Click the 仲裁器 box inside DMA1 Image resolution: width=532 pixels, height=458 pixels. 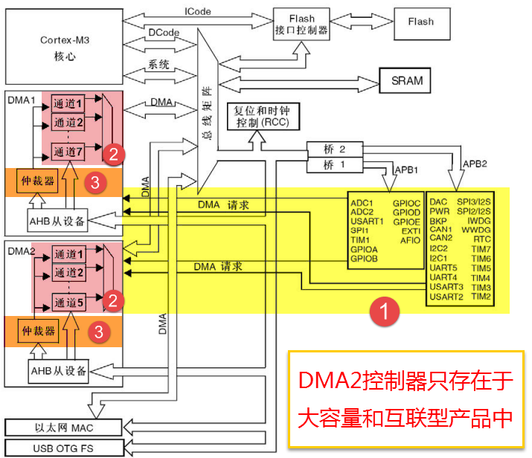tap(36, 182)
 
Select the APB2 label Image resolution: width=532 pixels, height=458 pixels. tap(476, 163)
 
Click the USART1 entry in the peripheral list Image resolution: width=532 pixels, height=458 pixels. tap(368, 221)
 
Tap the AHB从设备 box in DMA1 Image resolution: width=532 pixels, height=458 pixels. tap(58, 219)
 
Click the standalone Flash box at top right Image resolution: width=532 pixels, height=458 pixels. tap(420, 22)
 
